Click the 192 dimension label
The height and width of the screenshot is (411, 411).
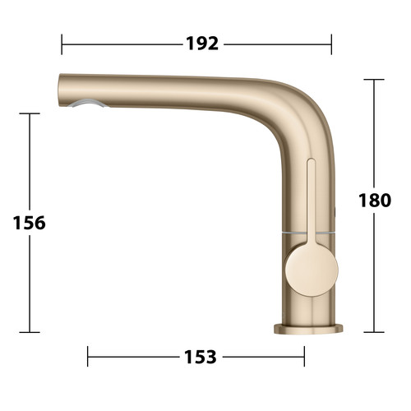click(202, 44)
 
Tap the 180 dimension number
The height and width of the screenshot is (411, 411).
click(375, 200)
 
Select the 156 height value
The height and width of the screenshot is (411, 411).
click(30, 223)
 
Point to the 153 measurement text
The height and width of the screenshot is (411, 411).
click(201, 357)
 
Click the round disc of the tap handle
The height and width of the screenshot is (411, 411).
click(312, 269)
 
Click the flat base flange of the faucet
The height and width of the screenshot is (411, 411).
click(308, 329)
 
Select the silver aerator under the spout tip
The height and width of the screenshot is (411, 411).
click(88, 104)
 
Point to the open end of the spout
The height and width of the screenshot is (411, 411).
click(60, 90)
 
